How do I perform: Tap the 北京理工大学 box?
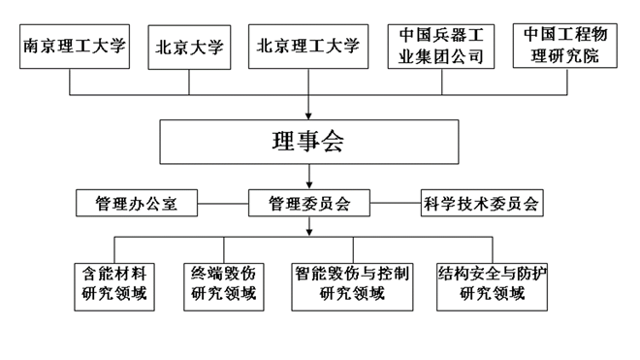click(308, 47)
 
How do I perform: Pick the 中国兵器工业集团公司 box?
click(441, 47)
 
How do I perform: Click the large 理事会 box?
click(308, 144)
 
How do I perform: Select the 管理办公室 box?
click(137, 204)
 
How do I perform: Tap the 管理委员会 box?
click(308, 204)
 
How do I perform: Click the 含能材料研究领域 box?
click(115, 283)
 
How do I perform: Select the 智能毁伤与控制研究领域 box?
click(352, 283)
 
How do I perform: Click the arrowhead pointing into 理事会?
click(308, 115)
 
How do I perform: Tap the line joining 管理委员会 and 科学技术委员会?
click(397, 204)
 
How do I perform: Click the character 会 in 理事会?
click(335, 144)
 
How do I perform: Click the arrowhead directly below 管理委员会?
click(308, 231)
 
